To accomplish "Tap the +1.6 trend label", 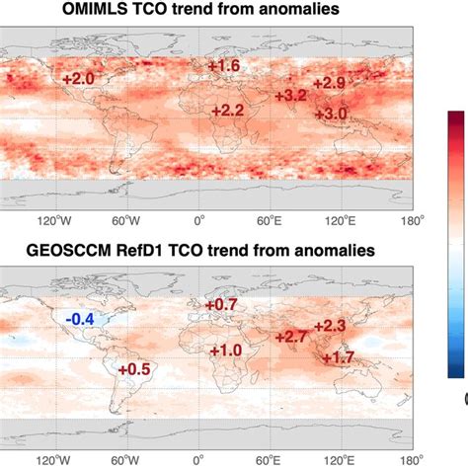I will coord(224,66).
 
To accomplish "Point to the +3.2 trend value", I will coord(289,96).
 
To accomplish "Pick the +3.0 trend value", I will coord(332,115).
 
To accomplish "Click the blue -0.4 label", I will coord(80,318).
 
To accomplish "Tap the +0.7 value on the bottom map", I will coord(222,304).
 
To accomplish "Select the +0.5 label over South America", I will coord(133,368).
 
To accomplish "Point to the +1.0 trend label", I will coord(225,350).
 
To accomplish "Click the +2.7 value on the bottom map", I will coord(293,338).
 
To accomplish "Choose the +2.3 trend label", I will coord(329,326).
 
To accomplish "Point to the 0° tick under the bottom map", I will coord(198,460).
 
